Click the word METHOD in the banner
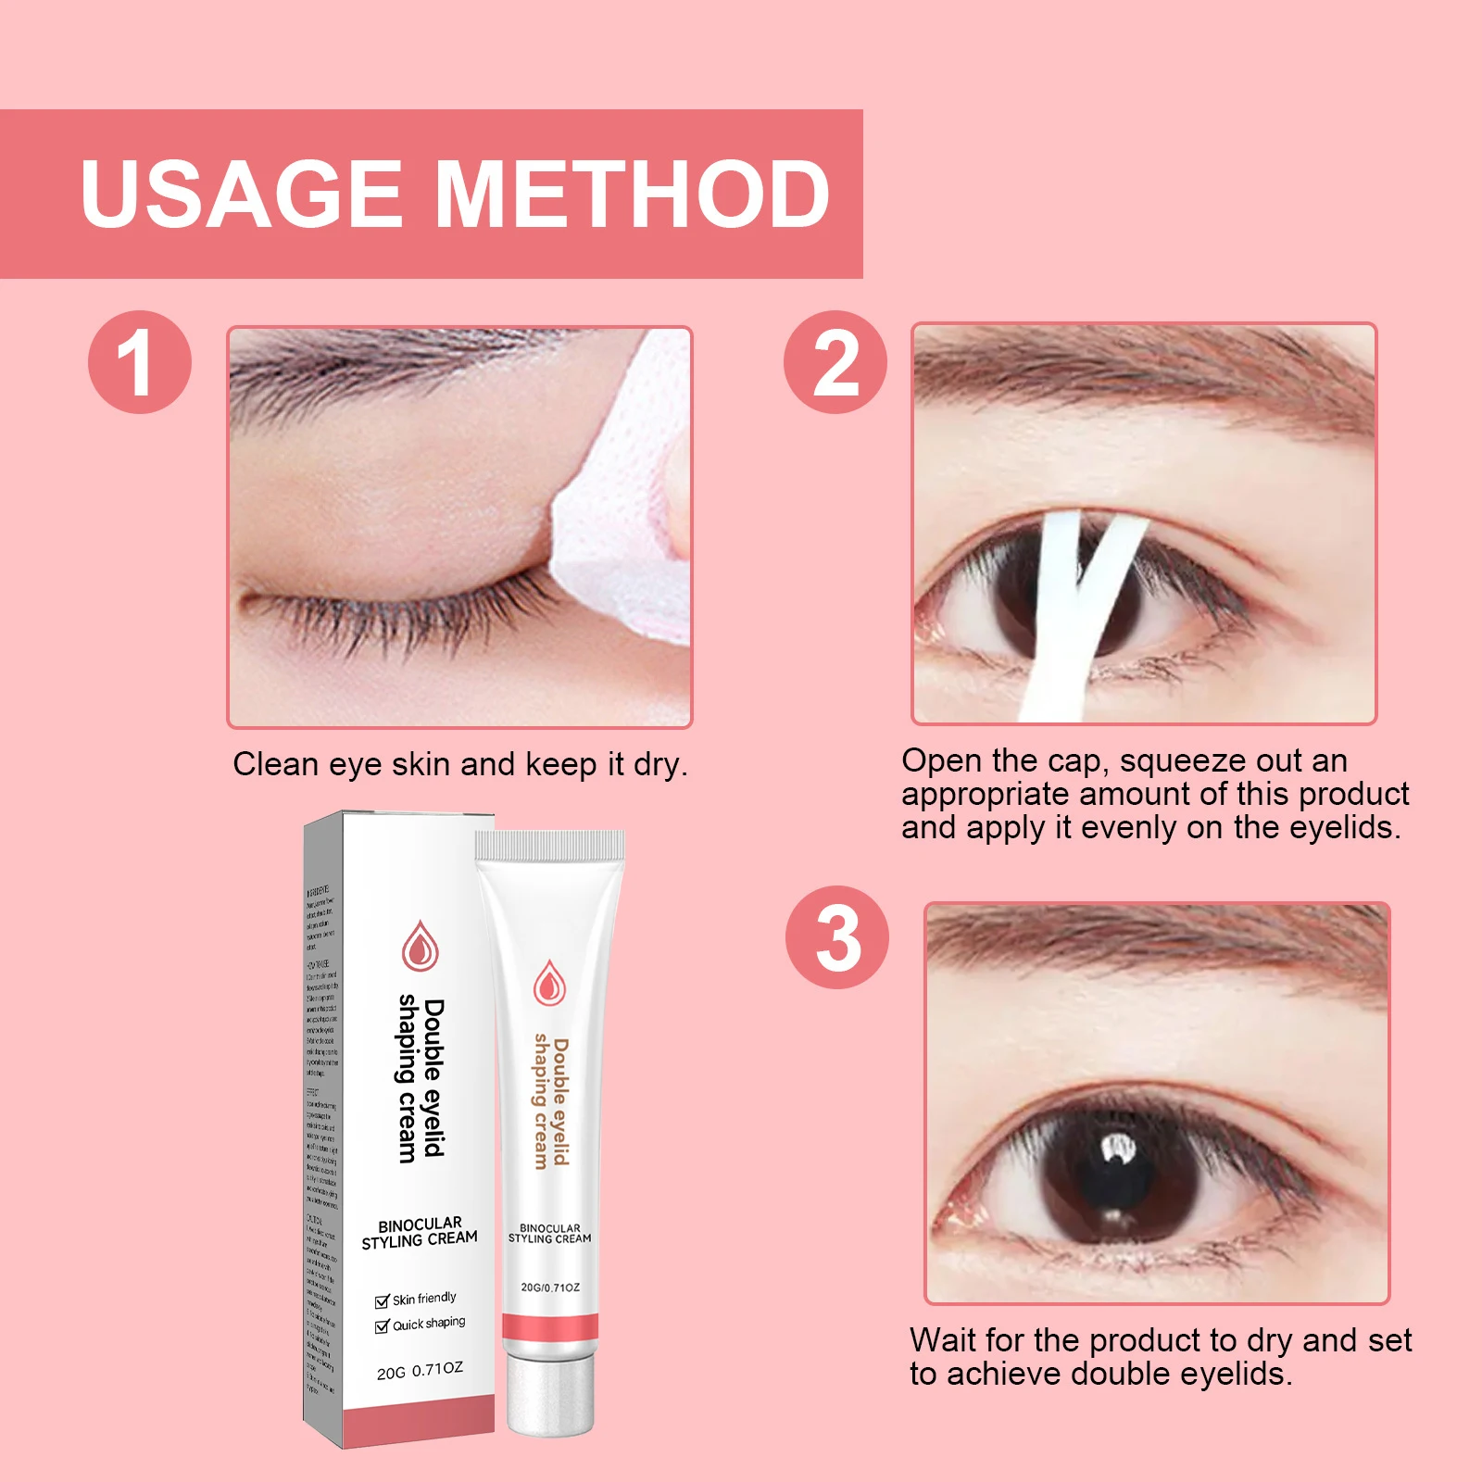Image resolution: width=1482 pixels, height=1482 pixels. pos(633,195)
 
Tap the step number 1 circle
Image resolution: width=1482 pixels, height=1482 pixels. pos(139,362)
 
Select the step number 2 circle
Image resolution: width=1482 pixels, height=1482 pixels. pos(835,362)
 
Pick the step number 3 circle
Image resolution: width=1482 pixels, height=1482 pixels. pos(836,937)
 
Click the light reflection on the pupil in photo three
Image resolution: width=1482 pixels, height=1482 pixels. pos(1119,1149)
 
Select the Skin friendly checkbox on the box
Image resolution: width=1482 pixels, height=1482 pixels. pos(382,1301)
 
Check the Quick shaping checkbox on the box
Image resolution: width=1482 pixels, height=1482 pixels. pos(382,1326)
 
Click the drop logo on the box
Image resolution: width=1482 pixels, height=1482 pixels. pos(420,946)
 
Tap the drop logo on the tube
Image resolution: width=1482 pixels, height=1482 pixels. pos(549,984)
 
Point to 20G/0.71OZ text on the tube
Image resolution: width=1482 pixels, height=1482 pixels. pos(550,1287)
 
